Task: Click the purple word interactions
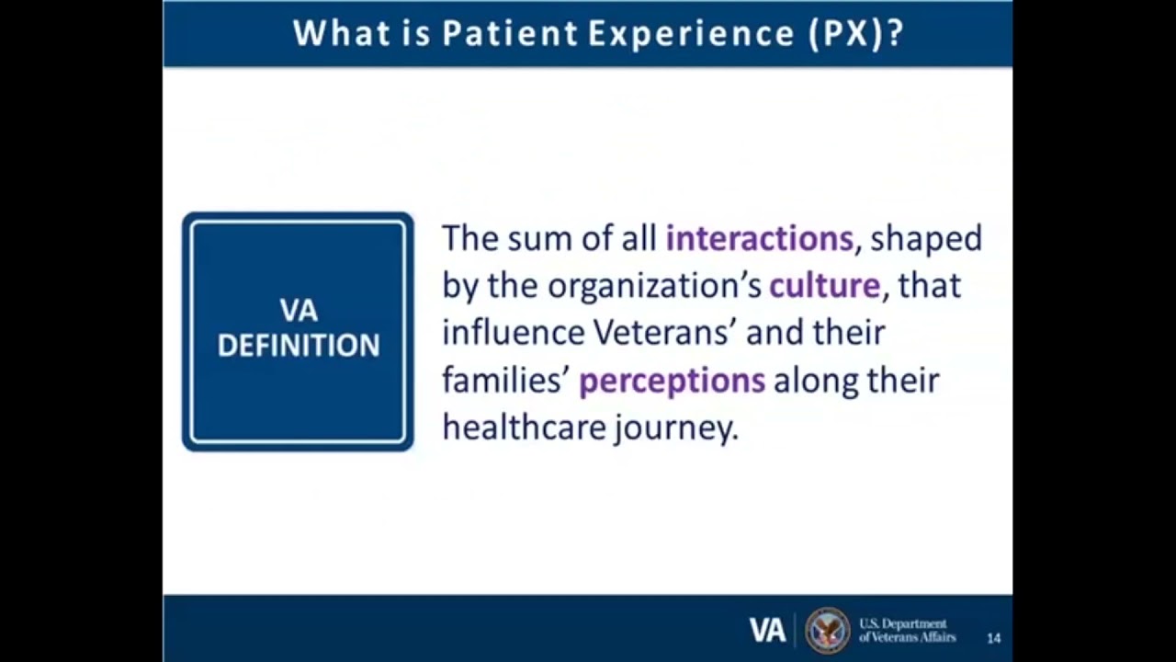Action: coord(759,239)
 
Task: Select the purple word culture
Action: coord(824,286)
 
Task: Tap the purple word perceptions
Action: coord(672,381)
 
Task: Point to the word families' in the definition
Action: coord(504,381)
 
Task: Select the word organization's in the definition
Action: coord(654,286)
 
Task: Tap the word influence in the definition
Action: coord(512,333)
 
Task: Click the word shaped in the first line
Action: coord(926,239)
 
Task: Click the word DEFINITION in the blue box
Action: coord(299,346)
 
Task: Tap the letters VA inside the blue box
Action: coord(299,311)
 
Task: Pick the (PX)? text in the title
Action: coord(855,34)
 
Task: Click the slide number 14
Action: coord(993,638)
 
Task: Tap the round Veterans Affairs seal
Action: coord(827,630)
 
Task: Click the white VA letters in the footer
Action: coord(767,630)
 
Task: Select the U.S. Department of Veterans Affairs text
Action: coord(906,631)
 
